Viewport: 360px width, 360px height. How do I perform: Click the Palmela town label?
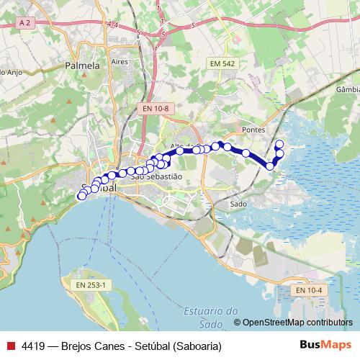[x=82, y=66]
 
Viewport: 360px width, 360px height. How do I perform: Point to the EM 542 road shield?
[x=222, y=64]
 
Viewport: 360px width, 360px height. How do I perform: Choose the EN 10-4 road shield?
[x=309, y=289]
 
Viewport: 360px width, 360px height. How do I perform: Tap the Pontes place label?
[x=254, y=130]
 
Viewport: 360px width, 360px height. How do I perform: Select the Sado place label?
[x=238, y=204]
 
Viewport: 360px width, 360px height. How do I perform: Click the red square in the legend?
[x=10, y=346]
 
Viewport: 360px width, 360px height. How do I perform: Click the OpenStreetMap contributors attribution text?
[x=297, y=323]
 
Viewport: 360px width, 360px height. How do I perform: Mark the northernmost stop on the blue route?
[x=279, y=144]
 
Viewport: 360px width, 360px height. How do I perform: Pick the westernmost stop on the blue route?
[x=81, y=196]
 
